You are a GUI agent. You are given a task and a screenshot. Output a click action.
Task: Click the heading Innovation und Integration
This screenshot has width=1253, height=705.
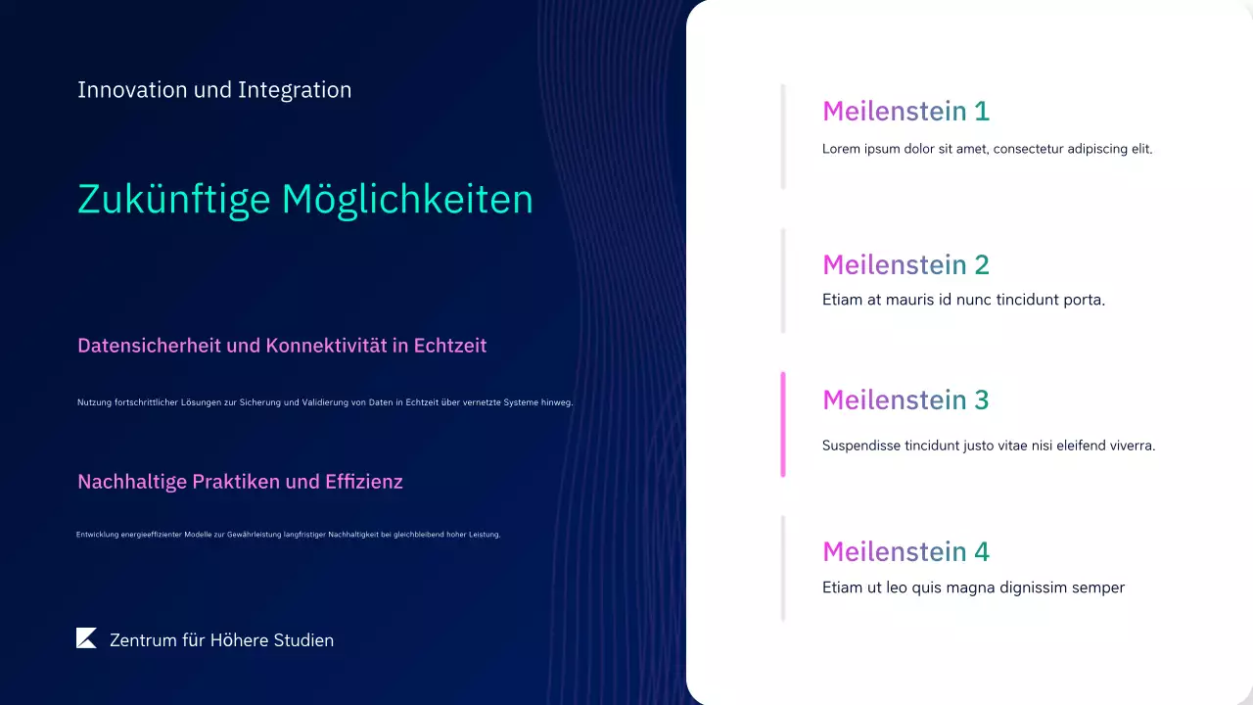214,90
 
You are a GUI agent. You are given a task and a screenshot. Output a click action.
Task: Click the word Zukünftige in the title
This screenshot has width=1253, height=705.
173,200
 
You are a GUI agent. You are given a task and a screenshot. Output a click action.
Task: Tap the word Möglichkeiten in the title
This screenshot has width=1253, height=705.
407,200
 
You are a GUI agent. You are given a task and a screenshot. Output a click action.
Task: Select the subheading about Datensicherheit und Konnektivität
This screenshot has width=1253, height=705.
282,346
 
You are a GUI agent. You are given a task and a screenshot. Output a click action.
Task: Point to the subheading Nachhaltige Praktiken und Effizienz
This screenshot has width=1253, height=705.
240,482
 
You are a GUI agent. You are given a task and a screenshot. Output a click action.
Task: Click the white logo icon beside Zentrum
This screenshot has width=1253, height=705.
86,638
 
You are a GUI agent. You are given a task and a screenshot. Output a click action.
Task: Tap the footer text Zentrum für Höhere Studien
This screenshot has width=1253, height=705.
221,640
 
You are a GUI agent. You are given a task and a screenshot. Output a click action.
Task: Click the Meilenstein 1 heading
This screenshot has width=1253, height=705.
905,112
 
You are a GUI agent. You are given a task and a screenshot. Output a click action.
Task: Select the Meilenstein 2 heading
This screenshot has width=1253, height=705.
905,264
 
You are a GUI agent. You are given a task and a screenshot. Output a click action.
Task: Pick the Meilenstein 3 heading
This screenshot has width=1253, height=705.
905,399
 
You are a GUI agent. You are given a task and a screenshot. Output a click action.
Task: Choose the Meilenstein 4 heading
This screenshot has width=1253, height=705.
905,552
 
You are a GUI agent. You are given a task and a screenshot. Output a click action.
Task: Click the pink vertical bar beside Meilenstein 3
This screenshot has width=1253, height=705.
783,424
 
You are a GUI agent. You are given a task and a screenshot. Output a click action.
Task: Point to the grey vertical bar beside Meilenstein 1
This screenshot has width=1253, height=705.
783,136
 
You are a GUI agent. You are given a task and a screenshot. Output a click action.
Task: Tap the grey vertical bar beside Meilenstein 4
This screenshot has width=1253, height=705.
783,568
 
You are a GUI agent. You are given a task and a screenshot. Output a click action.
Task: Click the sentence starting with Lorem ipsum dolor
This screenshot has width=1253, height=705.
987,150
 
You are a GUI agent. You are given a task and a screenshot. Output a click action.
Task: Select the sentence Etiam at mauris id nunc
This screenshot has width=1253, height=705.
963,300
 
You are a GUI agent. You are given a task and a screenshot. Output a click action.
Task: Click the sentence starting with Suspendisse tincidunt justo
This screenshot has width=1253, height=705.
989,446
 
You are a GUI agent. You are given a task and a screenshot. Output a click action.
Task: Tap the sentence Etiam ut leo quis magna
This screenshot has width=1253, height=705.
973,587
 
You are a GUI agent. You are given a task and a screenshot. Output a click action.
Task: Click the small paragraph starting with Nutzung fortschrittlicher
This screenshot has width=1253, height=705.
325,402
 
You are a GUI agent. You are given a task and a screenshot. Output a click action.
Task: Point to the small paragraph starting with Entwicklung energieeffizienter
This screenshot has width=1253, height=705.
289,535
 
